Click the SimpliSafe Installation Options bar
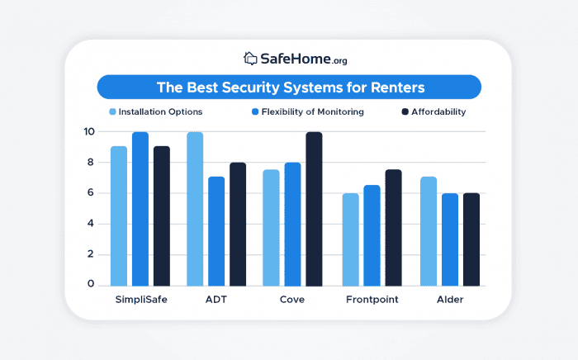pyautogui.click(x=119, y=216)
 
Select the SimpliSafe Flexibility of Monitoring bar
pyautogui.click(x=140, y=208)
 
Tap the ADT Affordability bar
pyautogui.click(x=238, y=224)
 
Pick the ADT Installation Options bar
pyautogui.click(x=195, y=208)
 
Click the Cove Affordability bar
pyautogui.click(x=315, y=208)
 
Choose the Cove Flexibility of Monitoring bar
pyautogui.click(x=293, y=224)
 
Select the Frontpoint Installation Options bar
pyautogui.click(x=351, y=239)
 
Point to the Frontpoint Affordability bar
pyautogui.click(x=394, y=227)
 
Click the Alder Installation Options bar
pyautogui.click(x=428, y=231)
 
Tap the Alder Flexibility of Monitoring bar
pyautogui.click(x=449, y=239)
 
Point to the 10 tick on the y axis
pyautogui.click(x=88, y=132)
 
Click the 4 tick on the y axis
pyautogui.click(x=92, y=224)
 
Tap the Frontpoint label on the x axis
pyautogui.click(x=372, y=299)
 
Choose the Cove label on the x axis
pyautogui.click(x=293, y=299)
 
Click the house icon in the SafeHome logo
pyautogui.click(x=251, y=59)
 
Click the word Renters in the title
pyautogui.click(x=391, y=87)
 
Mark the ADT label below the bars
pyautogui.click(x=216, y=299)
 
